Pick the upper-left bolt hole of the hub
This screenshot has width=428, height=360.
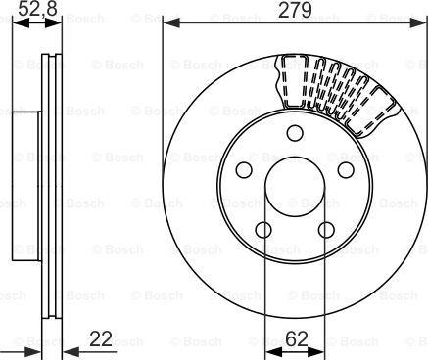pos(245,170)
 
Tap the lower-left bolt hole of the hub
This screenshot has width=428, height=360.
pos(262,229)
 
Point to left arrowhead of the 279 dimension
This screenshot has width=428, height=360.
pos(167,22)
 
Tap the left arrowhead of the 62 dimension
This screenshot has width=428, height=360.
pos(267,350)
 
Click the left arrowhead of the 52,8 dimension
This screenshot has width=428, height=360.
pos(18,22)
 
